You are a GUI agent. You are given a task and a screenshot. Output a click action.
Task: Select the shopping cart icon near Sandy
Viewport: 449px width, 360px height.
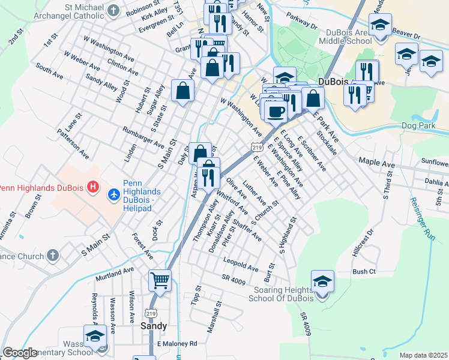[x=160, y=280]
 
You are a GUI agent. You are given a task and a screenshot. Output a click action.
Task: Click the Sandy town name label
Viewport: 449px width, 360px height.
[x=154, y=326]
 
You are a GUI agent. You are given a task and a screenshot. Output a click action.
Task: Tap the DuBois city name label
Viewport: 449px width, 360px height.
[x=335, y=82]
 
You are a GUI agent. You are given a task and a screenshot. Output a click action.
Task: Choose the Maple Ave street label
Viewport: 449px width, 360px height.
[x=376, y=161]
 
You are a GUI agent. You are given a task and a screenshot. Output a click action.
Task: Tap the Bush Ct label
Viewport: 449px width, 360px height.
[x=364, y=272]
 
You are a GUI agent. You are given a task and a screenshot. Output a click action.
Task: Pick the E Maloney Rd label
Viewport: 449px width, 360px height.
[x=176, y=344]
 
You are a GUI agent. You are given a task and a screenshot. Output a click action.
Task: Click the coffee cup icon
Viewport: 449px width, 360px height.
[x=276, y=111]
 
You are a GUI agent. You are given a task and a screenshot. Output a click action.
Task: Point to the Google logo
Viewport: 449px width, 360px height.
[x=20, y=353]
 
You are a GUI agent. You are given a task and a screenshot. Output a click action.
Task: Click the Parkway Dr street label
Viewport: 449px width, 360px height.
[x=301, y=22]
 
